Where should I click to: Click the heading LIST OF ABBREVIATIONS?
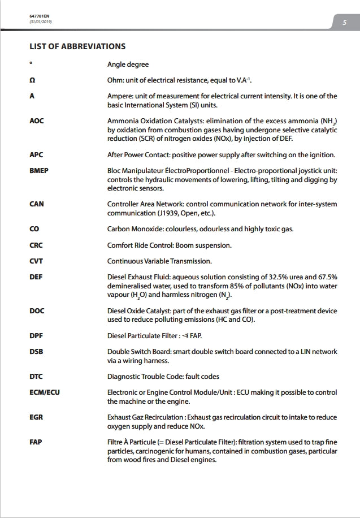pos(77,46)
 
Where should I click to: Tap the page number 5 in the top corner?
pos(344,23)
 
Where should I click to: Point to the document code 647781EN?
pos(38,16)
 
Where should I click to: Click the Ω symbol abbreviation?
pos(32,80)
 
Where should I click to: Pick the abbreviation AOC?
pos(37,121)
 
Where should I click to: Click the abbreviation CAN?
pos(37,204)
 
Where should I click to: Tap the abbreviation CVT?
pos(36,261)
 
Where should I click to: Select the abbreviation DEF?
pos(36,277)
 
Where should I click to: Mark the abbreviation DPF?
pos(36,336)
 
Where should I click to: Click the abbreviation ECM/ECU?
pos(44,392)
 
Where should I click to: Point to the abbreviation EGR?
pos(36,417)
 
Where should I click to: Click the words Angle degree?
pos(128,64)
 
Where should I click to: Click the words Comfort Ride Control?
pos(140,245)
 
